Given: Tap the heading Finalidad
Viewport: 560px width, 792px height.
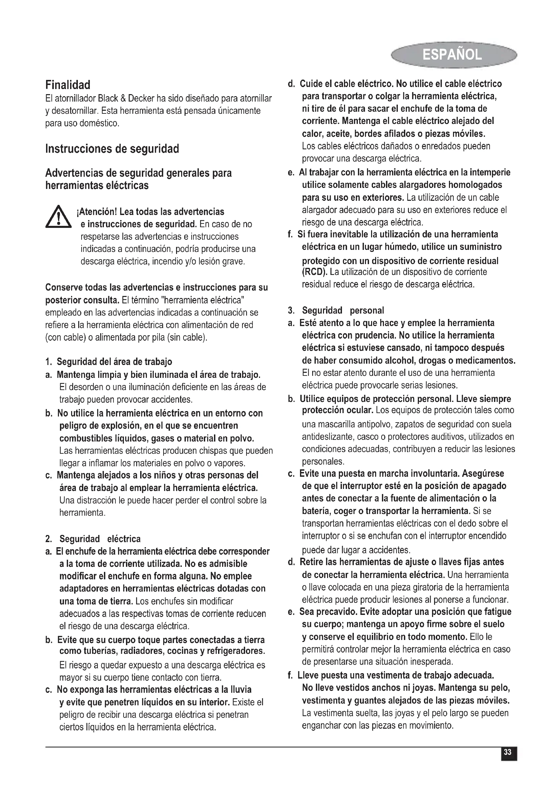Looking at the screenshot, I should point(68,85).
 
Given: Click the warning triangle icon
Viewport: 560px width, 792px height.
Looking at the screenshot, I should point(58,217).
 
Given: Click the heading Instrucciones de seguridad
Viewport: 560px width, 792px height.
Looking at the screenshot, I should point(112,149).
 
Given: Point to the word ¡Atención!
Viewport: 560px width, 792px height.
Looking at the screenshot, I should point(97,211).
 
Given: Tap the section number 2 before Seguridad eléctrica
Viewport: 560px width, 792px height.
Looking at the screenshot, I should point(48,539).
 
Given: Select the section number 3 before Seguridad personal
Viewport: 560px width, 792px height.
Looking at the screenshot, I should point(291,311).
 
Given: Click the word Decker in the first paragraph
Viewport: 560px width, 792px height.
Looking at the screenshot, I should point(141,99).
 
